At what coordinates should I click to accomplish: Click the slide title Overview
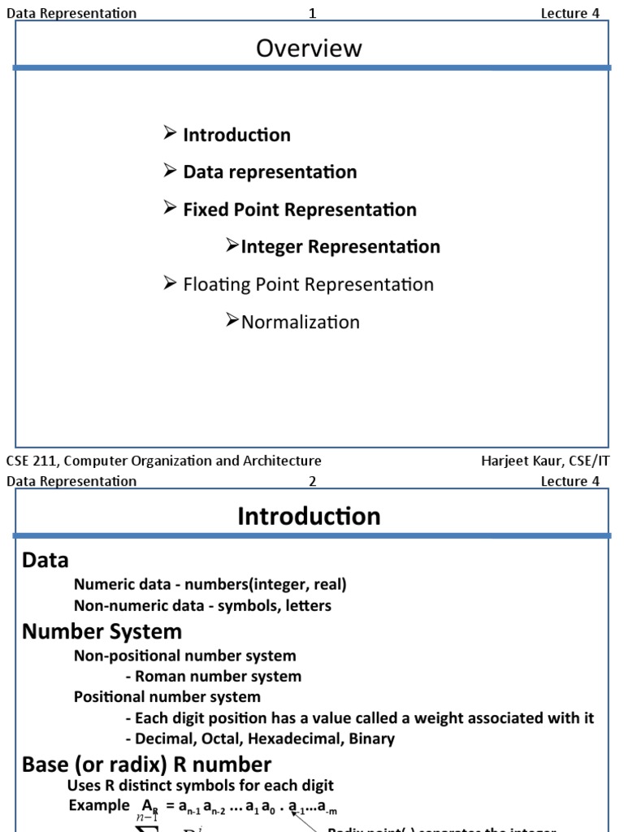coord(309,49)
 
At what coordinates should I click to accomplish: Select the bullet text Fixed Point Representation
coord(299,210)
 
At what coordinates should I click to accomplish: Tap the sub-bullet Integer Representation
coord(340,247)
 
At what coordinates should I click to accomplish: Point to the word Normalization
coord(300,322)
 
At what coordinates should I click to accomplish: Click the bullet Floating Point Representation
coord(308,284)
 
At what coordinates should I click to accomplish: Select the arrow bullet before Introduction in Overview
coord(170,133)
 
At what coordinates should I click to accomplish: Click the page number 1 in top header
coord(312,13)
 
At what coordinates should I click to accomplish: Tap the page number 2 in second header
coord(312,481)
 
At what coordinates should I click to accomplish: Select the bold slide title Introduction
coord(309,517)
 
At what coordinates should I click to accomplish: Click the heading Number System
coord(102,631)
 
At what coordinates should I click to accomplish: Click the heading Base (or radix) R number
coord(146,765)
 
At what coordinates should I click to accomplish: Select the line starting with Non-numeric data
coord(202,605)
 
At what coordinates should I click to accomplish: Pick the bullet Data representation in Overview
coord(270,172)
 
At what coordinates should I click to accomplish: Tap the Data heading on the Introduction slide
coord(45,561)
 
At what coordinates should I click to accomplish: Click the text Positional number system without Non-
coord(167,697)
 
